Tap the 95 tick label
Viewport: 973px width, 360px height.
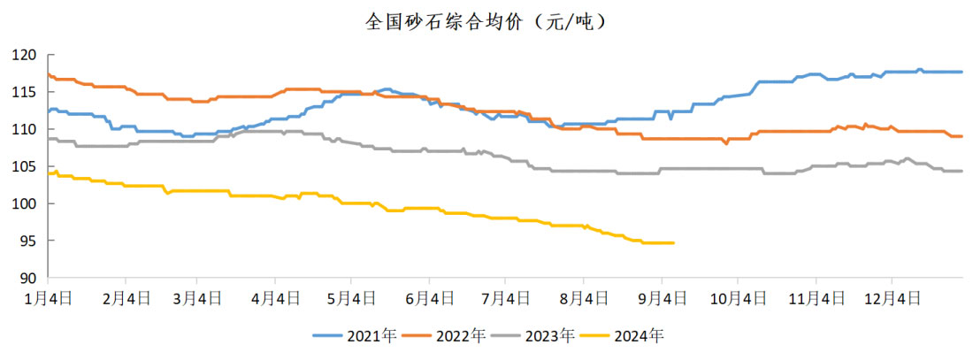[x=28, y=241]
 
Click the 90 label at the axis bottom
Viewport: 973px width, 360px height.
[x=28, y=278]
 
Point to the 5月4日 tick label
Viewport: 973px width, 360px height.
[x=352, y=299]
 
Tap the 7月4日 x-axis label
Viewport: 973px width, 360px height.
[x=505, y=299]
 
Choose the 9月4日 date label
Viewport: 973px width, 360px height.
[x=663, y=299]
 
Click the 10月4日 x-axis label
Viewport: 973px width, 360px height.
[x=737, y=299]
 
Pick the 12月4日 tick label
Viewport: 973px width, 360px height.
[x=891, y=299]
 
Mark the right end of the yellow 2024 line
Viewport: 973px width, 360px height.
[x=674, y=242]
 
